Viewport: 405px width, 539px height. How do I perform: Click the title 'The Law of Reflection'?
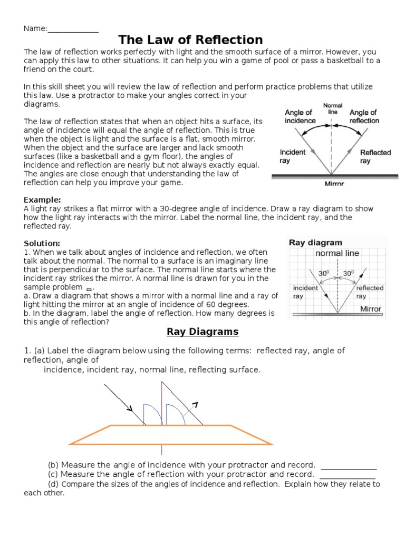190,39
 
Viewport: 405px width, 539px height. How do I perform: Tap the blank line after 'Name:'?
73,29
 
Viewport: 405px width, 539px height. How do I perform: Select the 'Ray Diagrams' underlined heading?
202,332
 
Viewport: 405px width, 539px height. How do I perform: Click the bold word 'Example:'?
43,199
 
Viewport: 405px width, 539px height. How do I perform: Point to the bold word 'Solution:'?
42,243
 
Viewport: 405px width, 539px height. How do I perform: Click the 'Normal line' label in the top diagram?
332,109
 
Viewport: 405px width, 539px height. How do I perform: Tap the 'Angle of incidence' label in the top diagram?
300,116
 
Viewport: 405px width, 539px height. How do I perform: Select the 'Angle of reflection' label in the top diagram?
364,116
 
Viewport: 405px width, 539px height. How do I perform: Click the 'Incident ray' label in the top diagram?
293,156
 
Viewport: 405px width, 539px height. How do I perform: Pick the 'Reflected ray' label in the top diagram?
375,156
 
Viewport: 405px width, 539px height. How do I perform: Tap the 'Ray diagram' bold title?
315,243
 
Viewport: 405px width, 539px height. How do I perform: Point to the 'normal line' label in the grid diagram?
337,253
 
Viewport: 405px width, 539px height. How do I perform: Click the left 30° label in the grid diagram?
323,274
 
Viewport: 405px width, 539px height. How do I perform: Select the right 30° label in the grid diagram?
348,274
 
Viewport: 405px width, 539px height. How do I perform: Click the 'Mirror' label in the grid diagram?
371,309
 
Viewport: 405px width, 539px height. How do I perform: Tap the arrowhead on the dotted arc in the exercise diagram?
196,404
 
